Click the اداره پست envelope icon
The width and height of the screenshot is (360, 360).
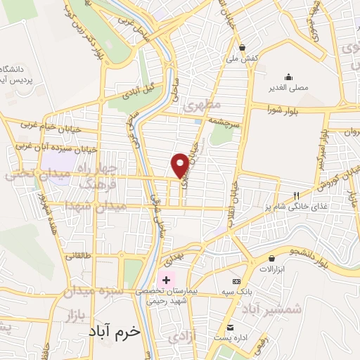click(x=230, y=327)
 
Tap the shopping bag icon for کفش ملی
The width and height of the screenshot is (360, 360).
click(x=243, y=47)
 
